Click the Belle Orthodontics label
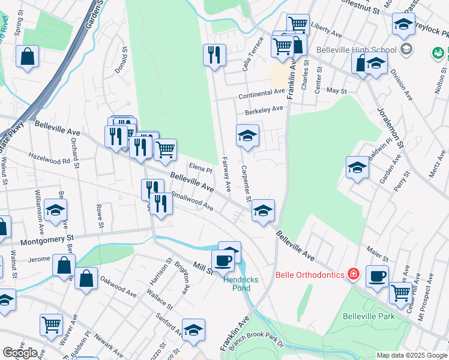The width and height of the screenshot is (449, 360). pos(310,275)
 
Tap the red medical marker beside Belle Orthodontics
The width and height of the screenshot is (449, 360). pos(354,274)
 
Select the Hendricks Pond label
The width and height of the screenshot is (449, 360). pos(236,283)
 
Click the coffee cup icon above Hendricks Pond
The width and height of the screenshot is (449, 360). pos(224,260)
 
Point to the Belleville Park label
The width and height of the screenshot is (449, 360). pos(369,316)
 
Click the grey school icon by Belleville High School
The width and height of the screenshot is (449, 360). pos(406,49)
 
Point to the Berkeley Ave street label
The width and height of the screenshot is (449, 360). pos(264,110)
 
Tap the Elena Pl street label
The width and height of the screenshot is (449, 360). pos(201,170)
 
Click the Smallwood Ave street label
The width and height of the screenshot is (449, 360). pos(192,201)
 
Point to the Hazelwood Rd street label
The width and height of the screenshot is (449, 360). pos(49,160)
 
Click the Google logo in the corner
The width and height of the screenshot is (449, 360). pos(20,353)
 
